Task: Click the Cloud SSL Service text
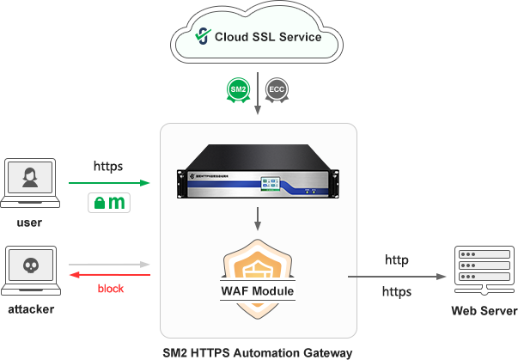(268, 37)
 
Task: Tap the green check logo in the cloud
(203, 37)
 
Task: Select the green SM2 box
(238, 89)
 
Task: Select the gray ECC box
(277, 89)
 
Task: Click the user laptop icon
(29, 184)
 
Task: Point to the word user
(29, 223)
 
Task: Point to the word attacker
(29, 308)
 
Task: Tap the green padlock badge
(109, 204)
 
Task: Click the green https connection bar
(109, 182)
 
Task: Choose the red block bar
(109, 274)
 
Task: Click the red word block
(110, 289)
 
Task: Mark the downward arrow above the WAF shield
(258, 220)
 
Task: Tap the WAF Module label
(258, 291)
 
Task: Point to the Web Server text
(484, 310)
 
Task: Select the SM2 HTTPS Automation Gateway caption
(258, 352)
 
